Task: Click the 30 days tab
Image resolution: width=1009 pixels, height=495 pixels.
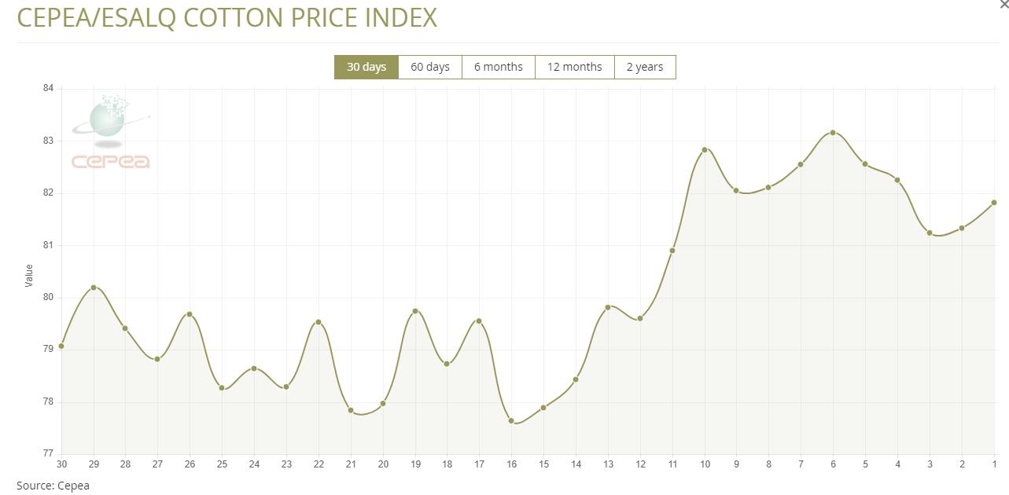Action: [x=366, y=67]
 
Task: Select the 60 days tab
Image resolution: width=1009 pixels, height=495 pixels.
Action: [x=430, y=67]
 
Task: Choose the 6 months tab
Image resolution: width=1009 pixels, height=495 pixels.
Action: [x=498, y=67]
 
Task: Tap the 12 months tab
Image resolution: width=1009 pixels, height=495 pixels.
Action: [x=574, y=67]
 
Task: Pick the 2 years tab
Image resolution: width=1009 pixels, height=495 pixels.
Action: [x=645, y=67]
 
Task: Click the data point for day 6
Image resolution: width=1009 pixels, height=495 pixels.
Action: [x=833, y=133]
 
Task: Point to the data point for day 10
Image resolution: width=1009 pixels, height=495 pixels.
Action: [x=705, y=149]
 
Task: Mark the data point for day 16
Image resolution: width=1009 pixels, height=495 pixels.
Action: [x=511, y=420]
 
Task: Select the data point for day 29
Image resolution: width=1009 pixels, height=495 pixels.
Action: [x=94, y=288]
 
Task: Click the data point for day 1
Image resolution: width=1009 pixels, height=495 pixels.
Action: [x=994, y=203]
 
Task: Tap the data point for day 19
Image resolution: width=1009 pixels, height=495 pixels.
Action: [x=415, y=311]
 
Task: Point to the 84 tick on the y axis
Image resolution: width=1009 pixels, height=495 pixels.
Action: [x=48, y=89]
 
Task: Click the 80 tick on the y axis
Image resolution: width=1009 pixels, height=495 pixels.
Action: [x=48, y=297]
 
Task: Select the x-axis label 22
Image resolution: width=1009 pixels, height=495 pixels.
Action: [x=319, y=464]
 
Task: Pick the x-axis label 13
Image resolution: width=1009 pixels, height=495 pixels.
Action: [x=608, y=464]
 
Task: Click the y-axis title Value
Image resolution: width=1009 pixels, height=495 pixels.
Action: [x=29, y=275]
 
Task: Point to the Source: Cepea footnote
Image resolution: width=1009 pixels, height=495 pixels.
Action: [x=53, y=486]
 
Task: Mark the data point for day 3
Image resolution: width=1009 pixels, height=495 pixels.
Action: [x=930, y=233]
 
